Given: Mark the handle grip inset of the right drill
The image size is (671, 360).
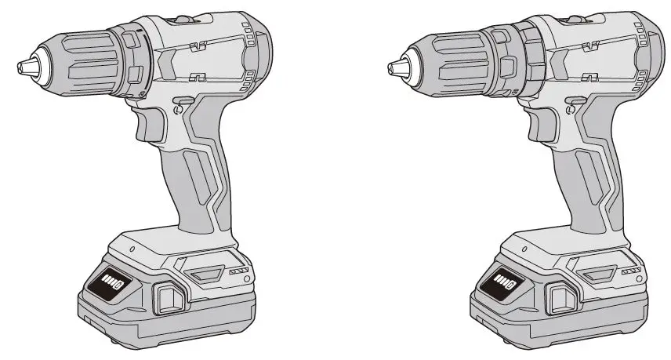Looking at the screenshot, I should point(581,176).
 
